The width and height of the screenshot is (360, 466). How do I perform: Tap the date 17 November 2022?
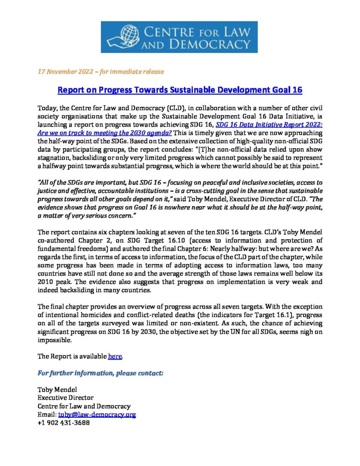(x=66, y=72)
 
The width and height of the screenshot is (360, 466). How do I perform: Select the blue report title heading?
(x=180, y=90)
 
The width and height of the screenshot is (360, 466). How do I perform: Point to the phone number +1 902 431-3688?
(x=63, y=423)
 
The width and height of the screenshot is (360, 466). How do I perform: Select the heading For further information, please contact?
(x=101, y=373)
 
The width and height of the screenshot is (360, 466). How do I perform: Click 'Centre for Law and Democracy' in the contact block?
(x=84, y=406)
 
